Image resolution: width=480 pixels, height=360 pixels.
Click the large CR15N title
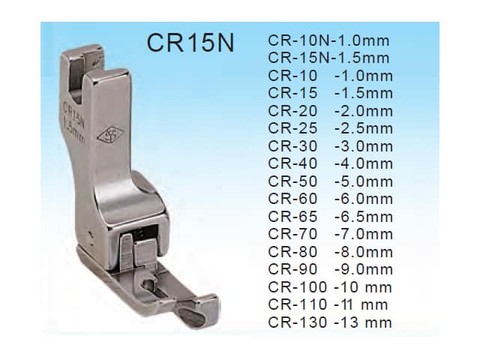click(x=190, y=43)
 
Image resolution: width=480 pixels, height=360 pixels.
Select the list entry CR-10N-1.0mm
click(x=328, y=40)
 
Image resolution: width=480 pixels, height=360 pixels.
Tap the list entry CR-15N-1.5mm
click(x=328, y=58)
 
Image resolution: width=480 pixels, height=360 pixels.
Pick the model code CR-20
click(x=292, y=111)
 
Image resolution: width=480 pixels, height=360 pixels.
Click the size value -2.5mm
click(x=364, y=128)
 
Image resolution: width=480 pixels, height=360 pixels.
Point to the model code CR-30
click(x=292, y=146)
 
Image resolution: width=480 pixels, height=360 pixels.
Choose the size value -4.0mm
click(x=364, y=163)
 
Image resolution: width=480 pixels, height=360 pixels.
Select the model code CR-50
click(x=292, y=181)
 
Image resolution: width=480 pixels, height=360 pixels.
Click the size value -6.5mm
click(x=364, y=217)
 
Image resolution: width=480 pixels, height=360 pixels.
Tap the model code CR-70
click(x=292, y=235)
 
